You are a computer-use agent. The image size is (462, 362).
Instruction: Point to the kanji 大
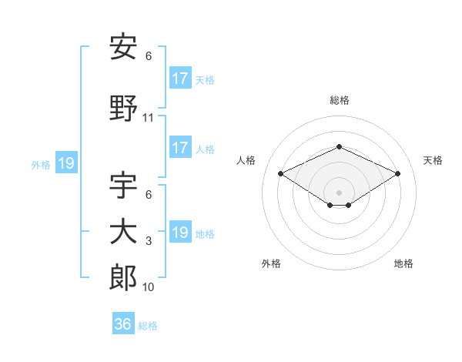pos(123,232)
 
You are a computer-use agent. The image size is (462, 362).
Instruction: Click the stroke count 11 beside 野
pos(149,118)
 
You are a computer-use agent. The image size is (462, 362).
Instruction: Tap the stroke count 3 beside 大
pos(149,241)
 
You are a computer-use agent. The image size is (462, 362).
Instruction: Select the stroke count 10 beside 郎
pos(149,287)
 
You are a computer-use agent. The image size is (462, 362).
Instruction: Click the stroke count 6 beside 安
pos(149,56)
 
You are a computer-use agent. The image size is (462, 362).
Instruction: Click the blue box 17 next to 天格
pos(180,79)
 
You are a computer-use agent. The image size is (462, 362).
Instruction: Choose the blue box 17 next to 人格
pos(180,148)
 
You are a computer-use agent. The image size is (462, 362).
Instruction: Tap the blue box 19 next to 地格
pos(180,233)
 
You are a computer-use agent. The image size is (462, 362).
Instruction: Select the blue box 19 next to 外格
pos(65,163)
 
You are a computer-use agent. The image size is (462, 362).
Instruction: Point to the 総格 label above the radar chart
pos(339,100)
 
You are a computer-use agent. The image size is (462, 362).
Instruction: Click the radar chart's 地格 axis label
pos(403,263)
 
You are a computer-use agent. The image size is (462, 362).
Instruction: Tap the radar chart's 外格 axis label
pos(271,263)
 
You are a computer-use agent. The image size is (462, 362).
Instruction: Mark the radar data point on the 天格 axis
pos(397,173)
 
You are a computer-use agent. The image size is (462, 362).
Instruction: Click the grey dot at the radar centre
pos(339,192)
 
